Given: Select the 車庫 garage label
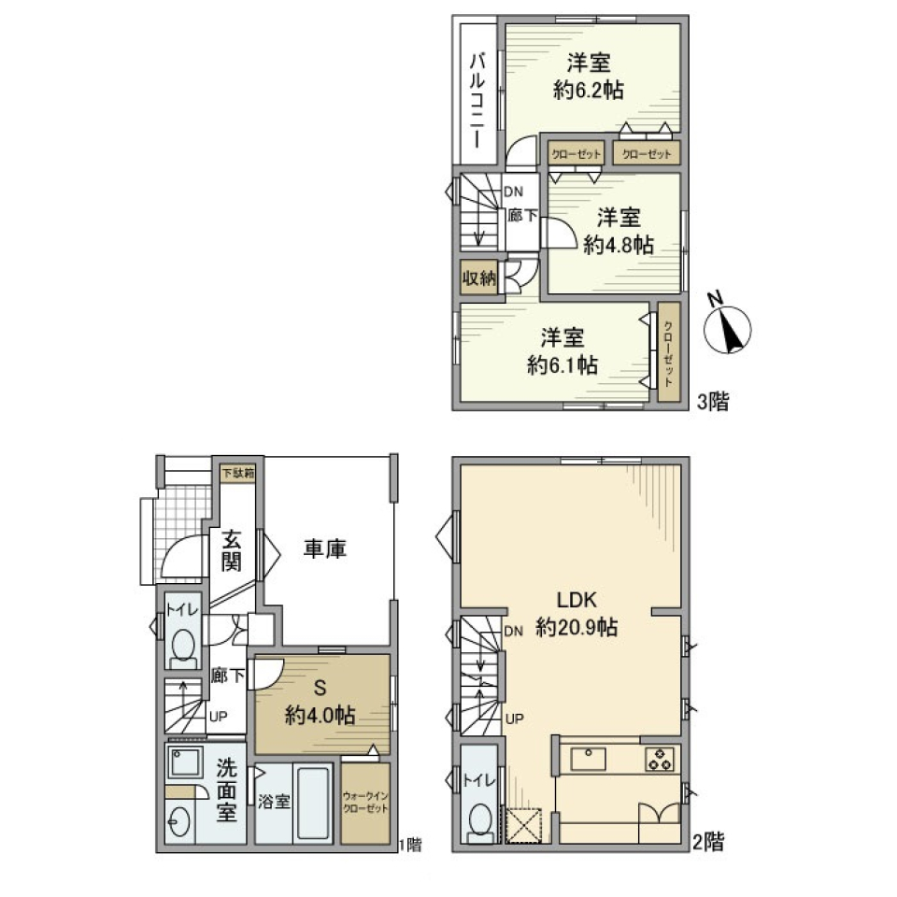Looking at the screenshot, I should [x=325, y=549].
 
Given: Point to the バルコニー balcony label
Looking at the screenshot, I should [x=477, y=100].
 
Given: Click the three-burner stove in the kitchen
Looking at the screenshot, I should [x=659, y=758].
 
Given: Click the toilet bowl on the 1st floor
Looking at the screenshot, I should [x=184, y=645].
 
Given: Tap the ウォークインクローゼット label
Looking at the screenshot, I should [x=365, y=803].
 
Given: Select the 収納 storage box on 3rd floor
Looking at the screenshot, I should [x=478, y=279].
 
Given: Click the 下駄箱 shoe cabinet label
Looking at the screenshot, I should [x=236, y=474].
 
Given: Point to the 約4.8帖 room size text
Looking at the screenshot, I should [x=618, y=245].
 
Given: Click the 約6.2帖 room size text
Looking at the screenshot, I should [x=589, y=91].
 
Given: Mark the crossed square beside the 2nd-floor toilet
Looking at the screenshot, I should [x=523, y=824].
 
